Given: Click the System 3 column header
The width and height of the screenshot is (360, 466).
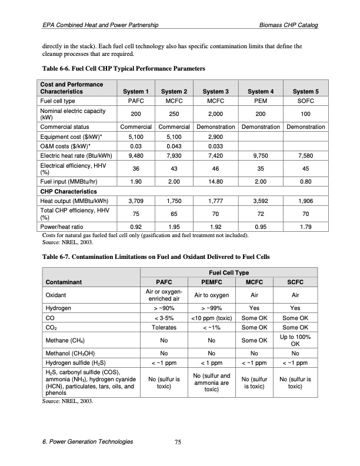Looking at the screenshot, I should (x=215, y=91).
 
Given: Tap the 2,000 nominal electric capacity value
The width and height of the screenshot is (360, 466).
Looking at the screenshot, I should (x=215, y=114).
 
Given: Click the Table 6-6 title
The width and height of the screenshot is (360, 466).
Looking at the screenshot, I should (x=122, y=69).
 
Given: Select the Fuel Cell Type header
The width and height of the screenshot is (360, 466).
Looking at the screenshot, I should (x=229, y=272).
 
